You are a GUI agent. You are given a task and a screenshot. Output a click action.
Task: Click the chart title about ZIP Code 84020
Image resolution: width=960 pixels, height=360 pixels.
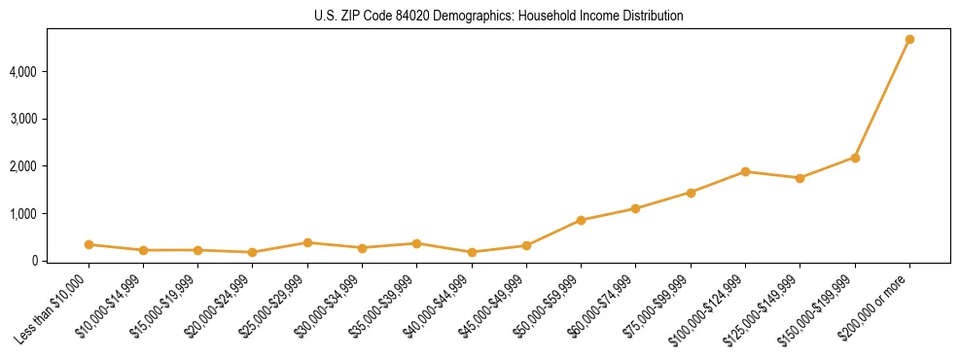(x=499, y=16)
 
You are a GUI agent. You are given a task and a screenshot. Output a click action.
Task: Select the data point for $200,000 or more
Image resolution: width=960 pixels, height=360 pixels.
(x=909, y=40)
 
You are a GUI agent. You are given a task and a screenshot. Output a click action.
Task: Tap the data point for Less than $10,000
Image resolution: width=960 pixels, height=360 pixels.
(x=89, y=244)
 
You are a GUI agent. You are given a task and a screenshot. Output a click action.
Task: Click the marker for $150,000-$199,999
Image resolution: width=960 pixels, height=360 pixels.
(x=855, y=158)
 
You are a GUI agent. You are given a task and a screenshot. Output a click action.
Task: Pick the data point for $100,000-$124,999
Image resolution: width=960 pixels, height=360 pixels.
(x=745, y=171)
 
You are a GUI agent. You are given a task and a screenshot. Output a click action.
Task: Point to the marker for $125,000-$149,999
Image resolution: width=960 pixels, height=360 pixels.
(x=800, y=178)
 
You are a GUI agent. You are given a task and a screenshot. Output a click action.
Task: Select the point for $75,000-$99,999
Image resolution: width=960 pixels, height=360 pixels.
(x=691, y=193)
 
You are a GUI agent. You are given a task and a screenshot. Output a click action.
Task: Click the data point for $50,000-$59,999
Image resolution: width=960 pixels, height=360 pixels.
(x=581, y=220)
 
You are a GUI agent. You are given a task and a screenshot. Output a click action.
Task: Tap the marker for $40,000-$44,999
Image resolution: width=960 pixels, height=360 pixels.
(x=472, y=252)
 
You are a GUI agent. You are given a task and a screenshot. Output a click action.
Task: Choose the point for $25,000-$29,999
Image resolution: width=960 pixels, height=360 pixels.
(x=307, y=242)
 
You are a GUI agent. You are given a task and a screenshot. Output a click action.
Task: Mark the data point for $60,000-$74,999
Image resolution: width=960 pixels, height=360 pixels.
(x=635, y=208)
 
